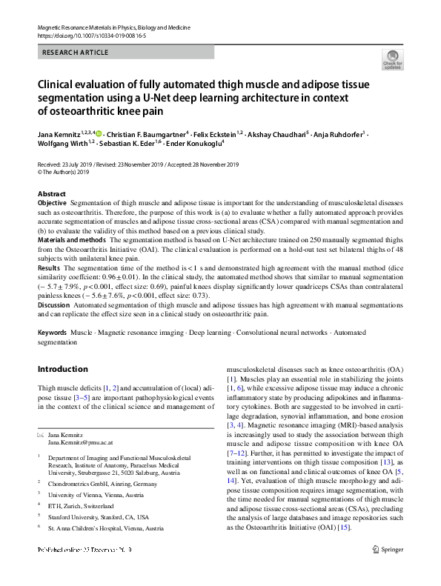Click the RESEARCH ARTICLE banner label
(x=76, y=53)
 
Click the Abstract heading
(x=51, y=194)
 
